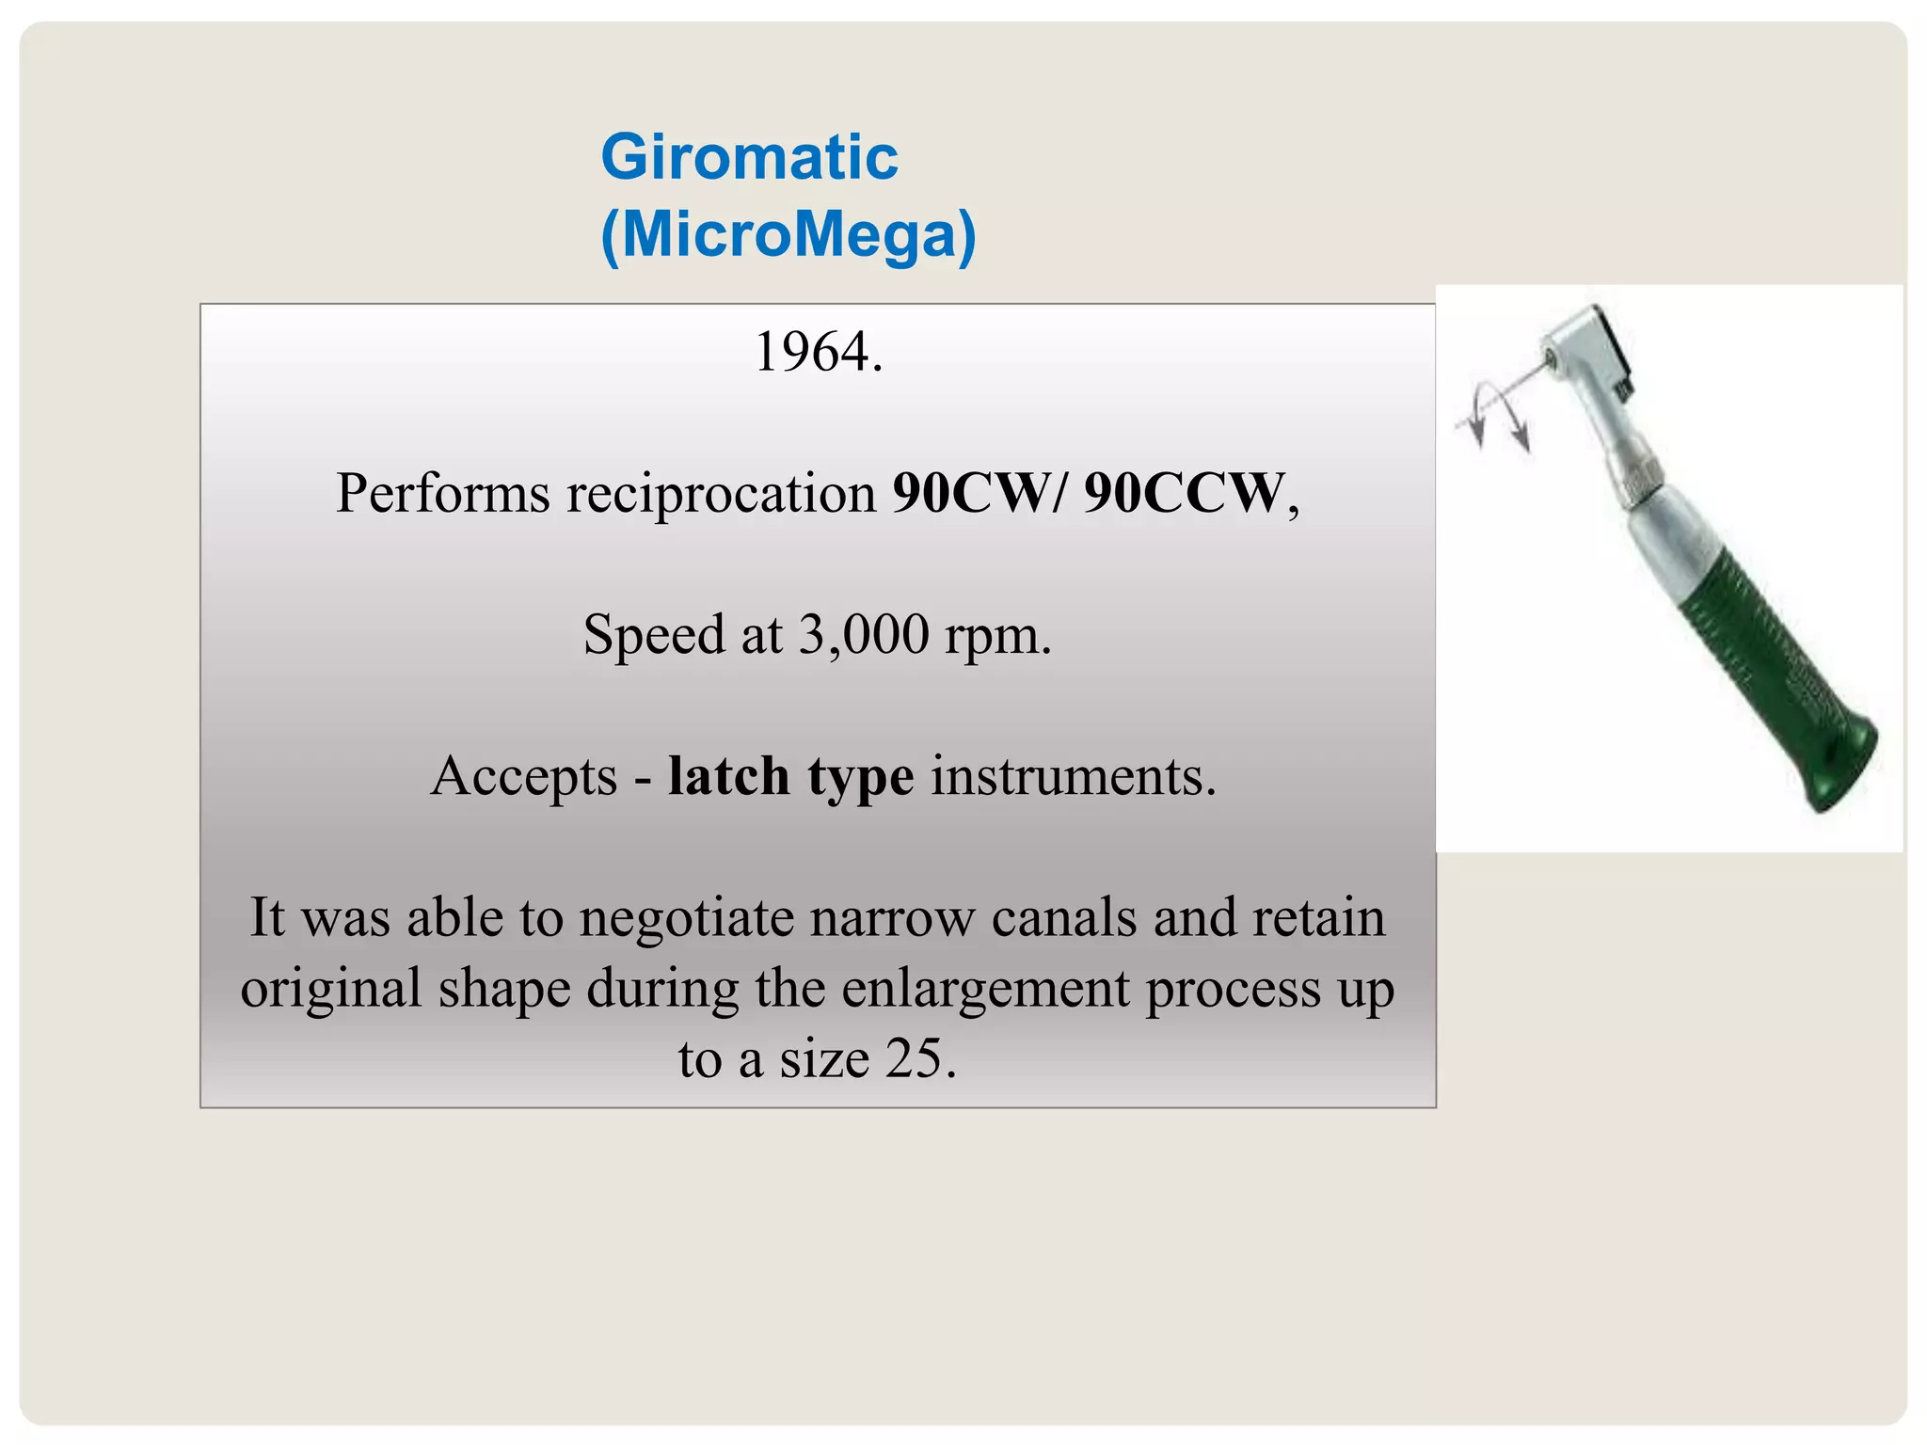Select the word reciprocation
(721, 493)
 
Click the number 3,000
(864, 634)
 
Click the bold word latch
(728, 776)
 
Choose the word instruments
(1073, 776)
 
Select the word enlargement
(985, 989)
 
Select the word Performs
(442, 493)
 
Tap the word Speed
(653, 635)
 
